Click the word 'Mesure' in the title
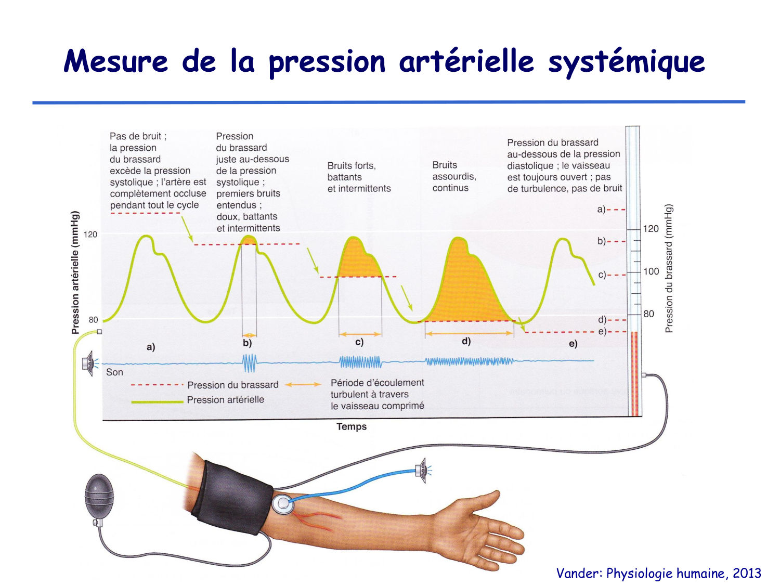[x=115, y=61]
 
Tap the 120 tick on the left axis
[x=90, y=235]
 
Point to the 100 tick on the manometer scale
[x=651, y=271]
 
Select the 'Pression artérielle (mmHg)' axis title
[x=76, y=272]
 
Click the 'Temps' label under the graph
[x=352, y=426]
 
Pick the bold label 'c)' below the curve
[x=359, y=342]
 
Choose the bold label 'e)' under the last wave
[x=573, y=344]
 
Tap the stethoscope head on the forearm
[x=282, y=503]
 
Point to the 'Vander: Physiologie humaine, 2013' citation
[x=658, y=573]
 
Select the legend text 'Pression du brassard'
[x=232, y=385]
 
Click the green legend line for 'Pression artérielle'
[x=157, y=401]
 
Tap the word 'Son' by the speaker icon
[x=114, y=372]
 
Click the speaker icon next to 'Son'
[x=89, y=363]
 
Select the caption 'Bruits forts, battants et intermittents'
[x=359, y=177]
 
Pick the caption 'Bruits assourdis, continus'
[x=454, y=176]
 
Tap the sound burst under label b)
[x=250, y=363]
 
